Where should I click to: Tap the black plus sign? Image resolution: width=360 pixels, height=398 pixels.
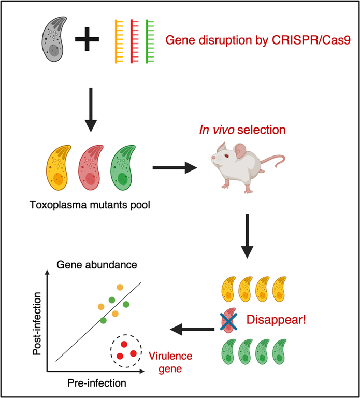(x=91, y=41)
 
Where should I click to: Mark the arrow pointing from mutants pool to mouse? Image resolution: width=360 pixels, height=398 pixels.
(x=175, y=168)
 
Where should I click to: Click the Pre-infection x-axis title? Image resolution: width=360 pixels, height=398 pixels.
(x=96, y=384)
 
